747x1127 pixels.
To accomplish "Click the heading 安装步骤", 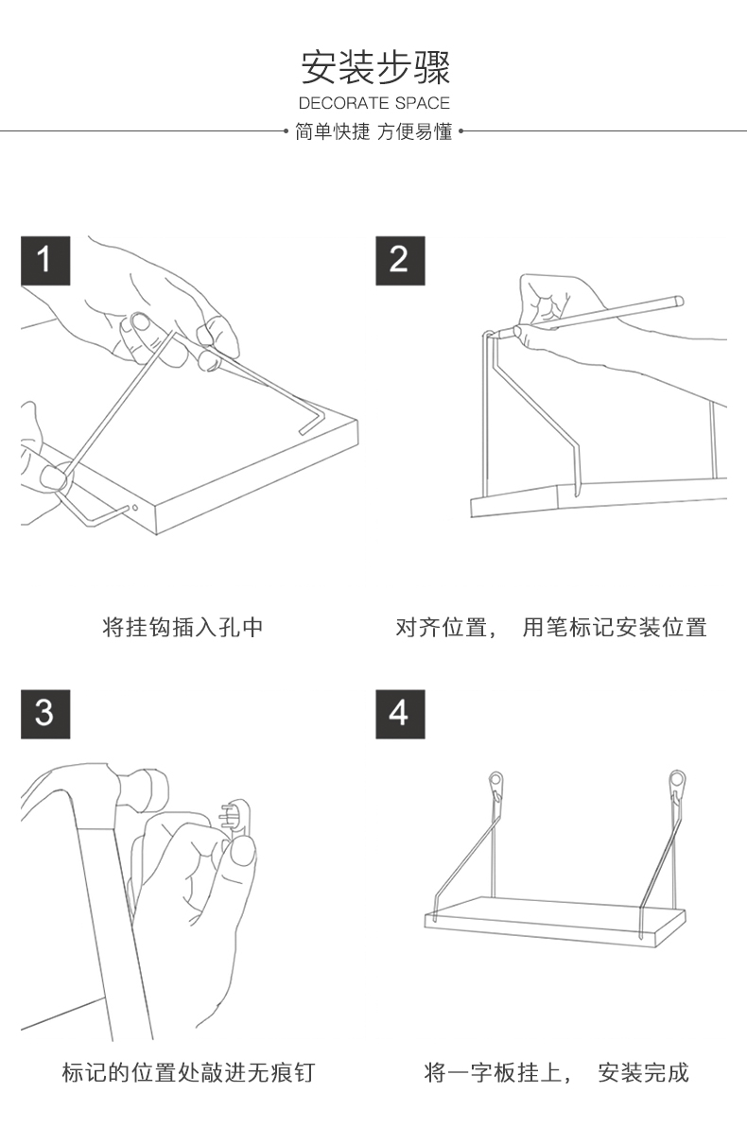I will [374, 68].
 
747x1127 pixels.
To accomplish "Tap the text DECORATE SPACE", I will [374, 103].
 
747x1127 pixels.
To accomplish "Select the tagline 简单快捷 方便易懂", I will [374, 132].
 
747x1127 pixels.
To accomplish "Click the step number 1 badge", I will [45, 259].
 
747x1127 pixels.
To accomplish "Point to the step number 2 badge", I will [399, 259].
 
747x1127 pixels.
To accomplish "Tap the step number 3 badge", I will [45, 713].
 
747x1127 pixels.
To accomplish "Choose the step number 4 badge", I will [399, 713].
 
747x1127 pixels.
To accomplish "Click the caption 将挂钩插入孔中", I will [182, 627].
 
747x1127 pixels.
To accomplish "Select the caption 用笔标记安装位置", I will [615, 627].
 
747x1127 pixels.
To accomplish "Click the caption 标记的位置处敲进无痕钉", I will [187, 1072].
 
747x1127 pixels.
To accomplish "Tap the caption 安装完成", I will [643, 1072].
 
